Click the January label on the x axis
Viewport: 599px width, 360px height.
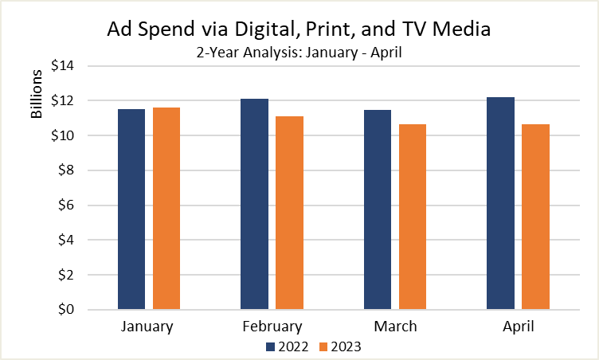(x=148, y=327)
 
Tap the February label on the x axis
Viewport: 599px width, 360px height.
(x=272, y=327)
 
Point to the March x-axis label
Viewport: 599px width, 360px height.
(x=395, y=327)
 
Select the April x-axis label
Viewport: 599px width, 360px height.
(x=518, y=327)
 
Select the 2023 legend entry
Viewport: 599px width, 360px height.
(x=340, y=346)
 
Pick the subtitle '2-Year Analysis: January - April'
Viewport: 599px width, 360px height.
(x=299, y=53)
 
